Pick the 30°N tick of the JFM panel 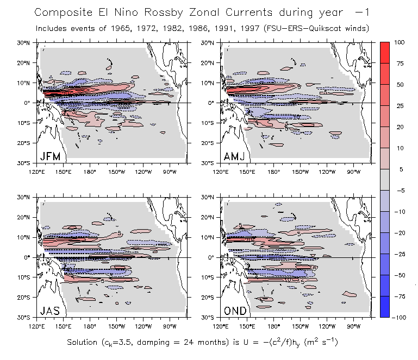(29, 42)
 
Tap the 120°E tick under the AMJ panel (221, 172)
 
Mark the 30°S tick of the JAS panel (29, 317)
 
